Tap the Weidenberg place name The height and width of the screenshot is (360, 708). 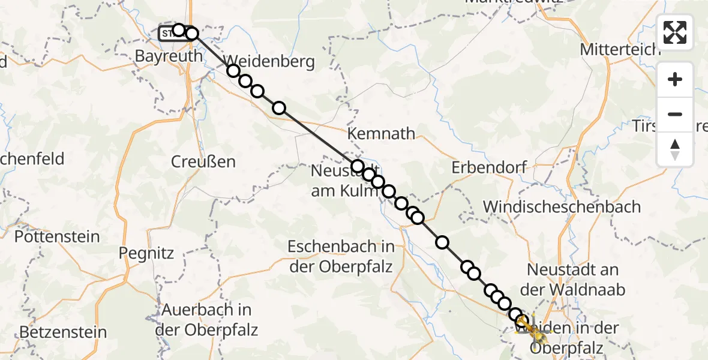[270, 61]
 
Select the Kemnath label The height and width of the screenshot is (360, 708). [382, 133]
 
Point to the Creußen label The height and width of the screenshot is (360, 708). [203, 161]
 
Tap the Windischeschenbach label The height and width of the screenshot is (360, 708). [562, 207]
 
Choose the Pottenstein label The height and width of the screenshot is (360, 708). [57, 236]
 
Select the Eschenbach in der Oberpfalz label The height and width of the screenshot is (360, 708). [341, 256]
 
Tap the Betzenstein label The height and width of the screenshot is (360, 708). [63, 332]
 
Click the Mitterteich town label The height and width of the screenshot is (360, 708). [620, 49]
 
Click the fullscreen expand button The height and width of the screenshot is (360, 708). [675, 32]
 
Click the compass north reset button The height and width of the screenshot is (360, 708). [675, 149]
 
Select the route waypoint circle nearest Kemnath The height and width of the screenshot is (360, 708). [358, 166]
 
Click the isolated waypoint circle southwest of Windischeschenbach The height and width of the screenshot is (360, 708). [442, 242]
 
